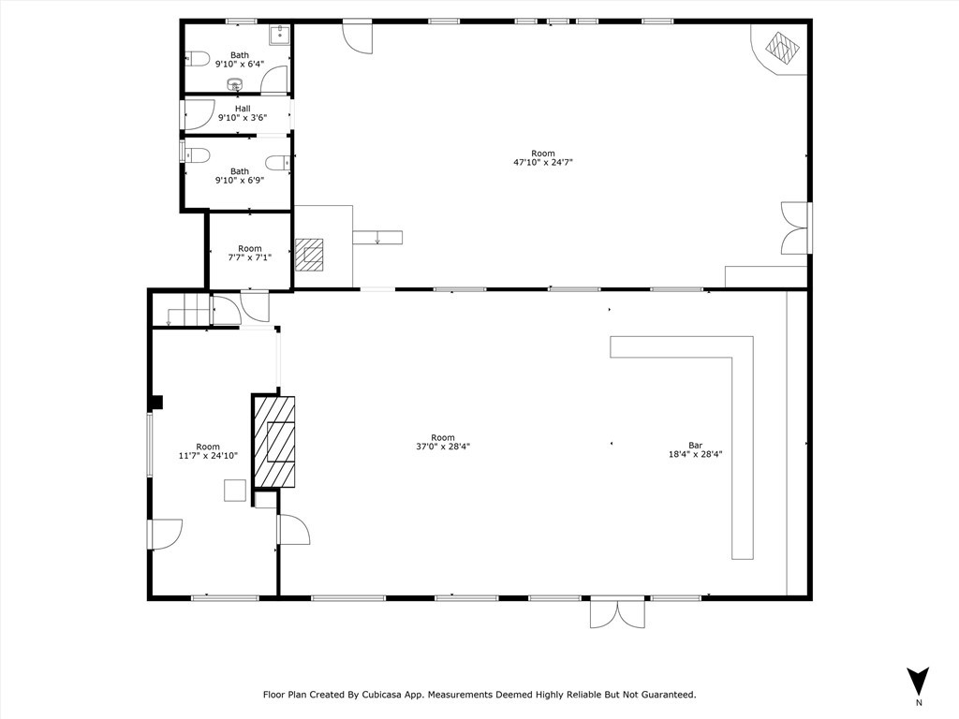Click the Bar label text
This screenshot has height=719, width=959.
(695, 446)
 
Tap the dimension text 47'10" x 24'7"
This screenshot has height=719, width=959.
(542, 162)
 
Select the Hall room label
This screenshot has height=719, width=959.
(243, 109)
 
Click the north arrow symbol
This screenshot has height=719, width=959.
(918, 681)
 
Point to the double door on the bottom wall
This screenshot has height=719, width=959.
(617, 612)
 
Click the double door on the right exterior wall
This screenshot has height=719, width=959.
(794, 228)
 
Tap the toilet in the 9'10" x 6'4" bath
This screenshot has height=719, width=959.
(197, 58)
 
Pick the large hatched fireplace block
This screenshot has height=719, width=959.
(274, 442)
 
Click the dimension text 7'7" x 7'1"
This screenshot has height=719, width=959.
(249, 257)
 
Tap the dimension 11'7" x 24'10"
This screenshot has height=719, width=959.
(208, 456)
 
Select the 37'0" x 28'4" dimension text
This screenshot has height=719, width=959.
(443, 447)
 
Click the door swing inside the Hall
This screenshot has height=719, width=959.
(199, 116)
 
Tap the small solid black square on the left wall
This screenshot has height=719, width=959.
(156, 403)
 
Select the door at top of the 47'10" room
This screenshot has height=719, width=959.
(358, 36)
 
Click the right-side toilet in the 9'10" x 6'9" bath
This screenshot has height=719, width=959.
(277, 163)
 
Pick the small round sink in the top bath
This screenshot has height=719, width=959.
(235, 85)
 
